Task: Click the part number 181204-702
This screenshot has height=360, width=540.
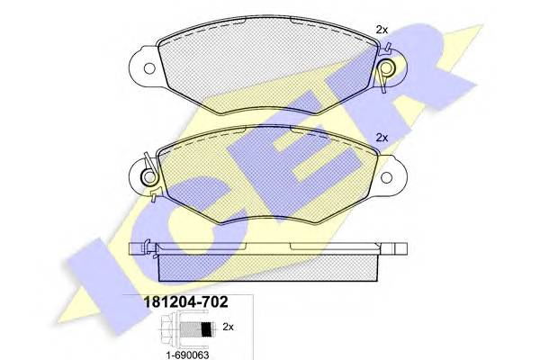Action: click(185, 302)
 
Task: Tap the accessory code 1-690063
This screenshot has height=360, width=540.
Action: click(187, 355)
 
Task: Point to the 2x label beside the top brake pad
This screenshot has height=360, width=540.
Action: click(382, 30)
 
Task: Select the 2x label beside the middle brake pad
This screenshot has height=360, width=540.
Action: click(382, 138)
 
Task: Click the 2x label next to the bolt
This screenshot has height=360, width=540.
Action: click(228, 327)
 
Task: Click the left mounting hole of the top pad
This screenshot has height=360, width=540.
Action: click(149, 68)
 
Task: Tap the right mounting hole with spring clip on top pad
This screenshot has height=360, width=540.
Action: click(386, 67)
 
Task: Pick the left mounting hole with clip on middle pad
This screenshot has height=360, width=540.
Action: click(149, 177)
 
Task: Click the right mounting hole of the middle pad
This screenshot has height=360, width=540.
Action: click(386, 178)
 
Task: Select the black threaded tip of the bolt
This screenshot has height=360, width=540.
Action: click(206, 329)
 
